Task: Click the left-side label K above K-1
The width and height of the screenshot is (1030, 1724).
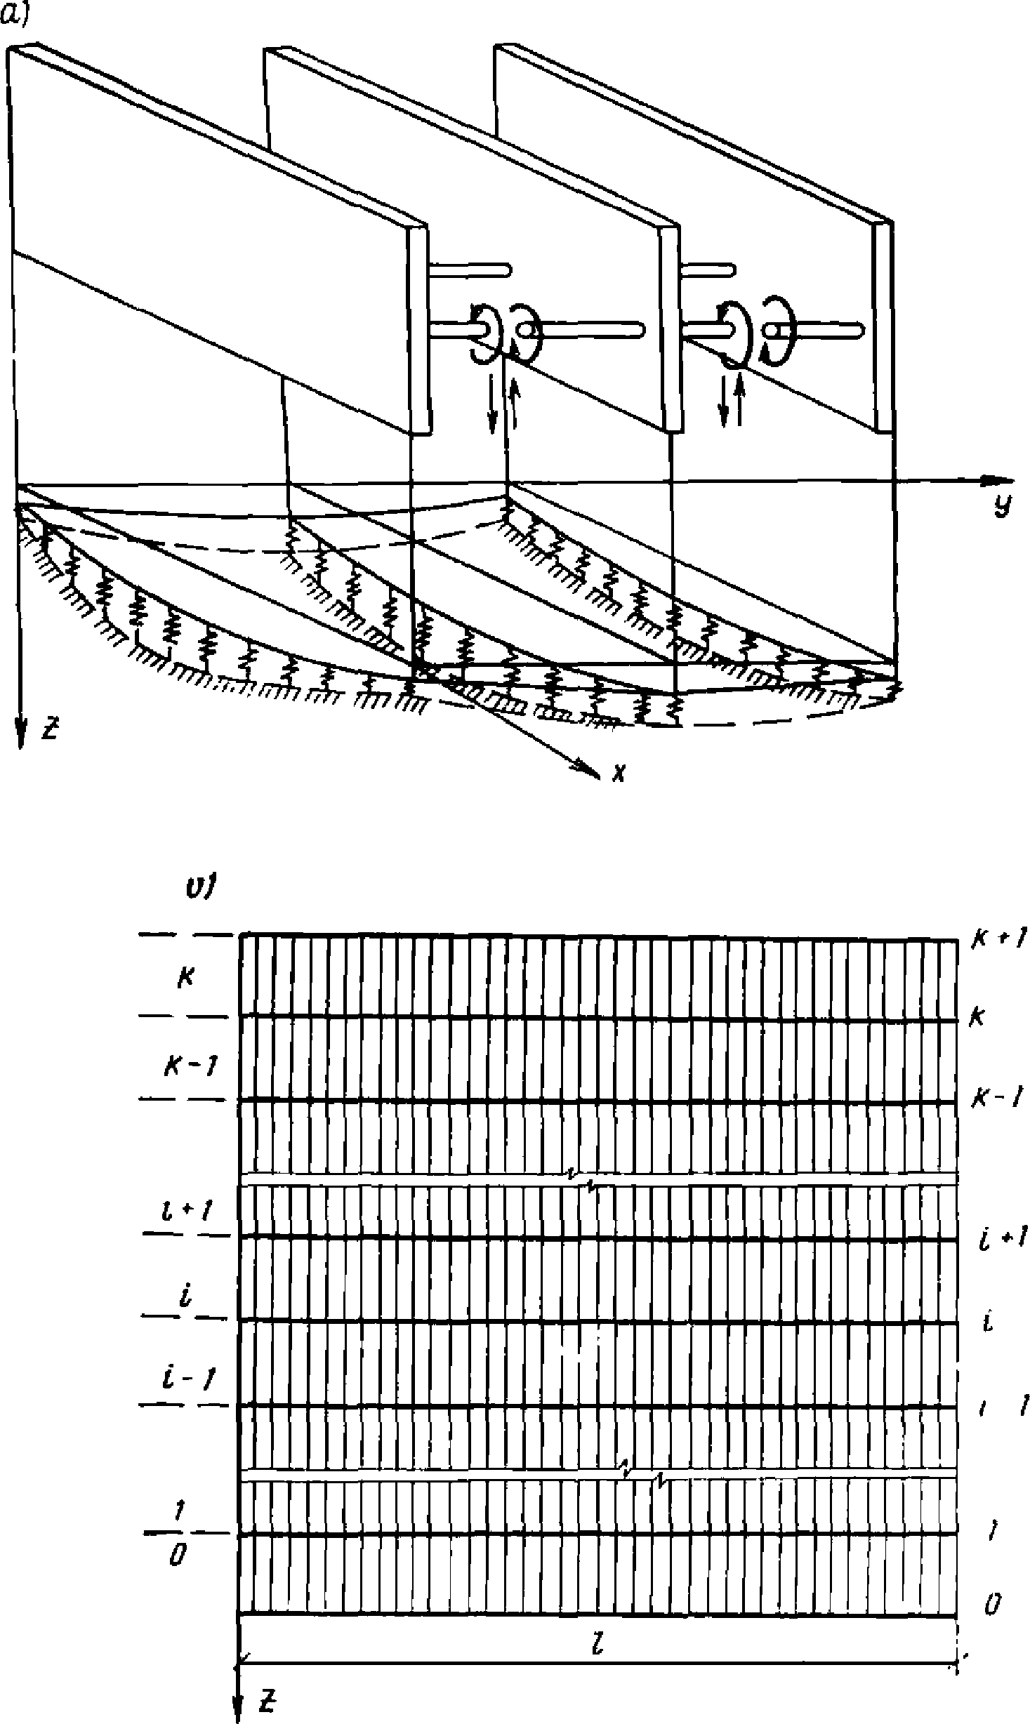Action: click(x=185, y=978)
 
